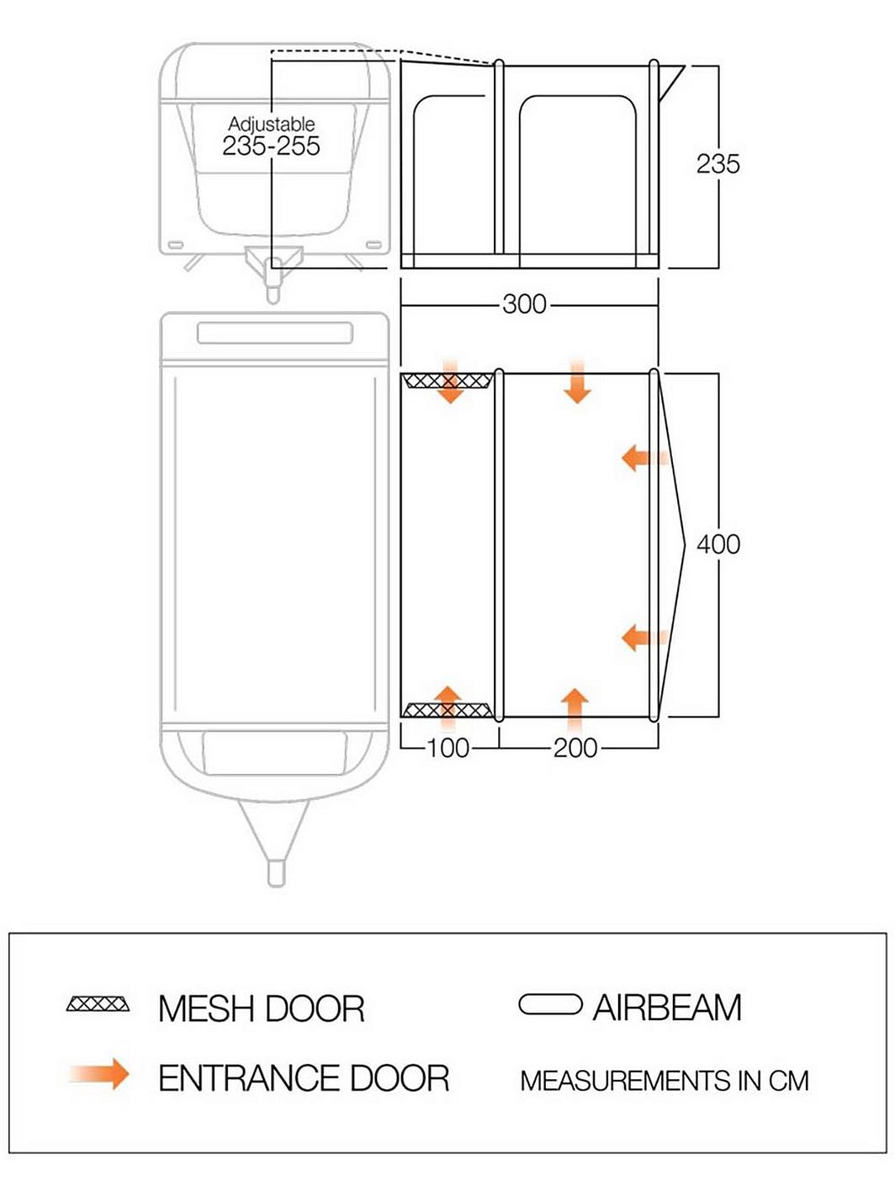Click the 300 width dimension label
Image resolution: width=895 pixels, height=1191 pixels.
pos(524,304)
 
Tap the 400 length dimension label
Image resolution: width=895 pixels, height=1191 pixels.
pos(718,544)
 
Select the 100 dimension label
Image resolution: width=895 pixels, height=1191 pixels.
pos(448,749)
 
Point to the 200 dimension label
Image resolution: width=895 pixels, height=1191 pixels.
pos(575,749)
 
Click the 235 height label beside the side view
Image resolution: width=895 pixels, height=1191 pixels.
pos(718,164)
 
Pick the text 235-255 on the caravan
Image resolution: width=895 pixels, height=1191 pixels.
pos(271,146)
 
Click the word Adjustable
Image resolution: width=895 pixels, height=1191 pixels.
pos(271,124)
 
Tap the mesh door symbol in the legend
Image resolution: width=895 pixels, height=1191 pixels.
pos(98,1003)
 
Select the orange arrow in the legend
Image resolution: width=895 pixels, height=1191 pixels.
pos(98,1073)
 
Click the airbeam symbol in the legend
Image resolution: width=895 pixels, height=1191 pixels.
pos(550,1003)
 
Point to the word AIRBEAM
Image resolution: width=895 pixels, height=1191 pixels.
pos(667,1008)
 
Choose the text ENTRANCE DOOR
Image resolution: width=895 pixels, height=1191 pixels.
pos(304,1077)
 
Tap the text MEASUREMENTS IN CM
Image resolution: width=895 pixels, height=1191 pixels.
pos(665,1080)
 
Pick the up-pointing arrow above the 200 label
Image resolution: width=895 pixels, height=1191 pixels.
pos(575,710)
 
